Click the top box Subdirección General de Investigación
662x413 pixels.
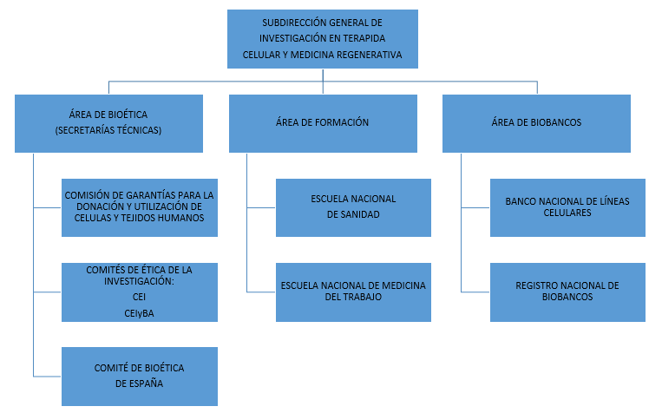pyautogui.click(x=323, y=39)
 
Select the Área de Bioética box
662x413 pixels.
pyautogui.click(x=108, y=122)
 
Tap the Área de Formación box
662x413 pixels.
pyautogui.click(x=322, y=122)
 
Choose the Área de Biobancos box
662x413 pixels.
pyautogui.click(x=535, y=122)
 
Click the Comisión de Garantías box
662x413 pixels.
pyautogui.click(x=140, y=207)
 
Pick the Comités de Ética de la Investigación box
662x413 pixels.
pyautogui.click(x=140, y=292)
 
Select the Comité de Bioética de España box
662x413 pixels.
pyautogui.click(x=140, y=376)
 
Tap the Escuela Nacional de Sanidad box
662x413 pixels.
pyautogui.click(x=353, y=207)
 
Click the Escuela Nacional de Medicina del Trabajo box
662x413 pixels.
pyautogui.click(x=353, y=292)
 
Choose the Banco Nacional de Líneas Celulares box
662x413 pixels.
pyautogui.click(x=567, y=207)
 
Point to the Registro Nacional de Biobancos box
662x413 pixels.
pyautogui.click(x=567, y=292)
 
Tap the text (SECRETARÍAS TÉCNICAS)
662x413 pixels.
pyautogui.click(x=109, y=131)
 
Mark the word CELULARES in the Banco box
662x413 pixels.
pyautogui.click(x=567, y=213)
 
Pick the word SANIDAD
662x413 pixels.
pyautogui.click(x=353, y=214)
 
